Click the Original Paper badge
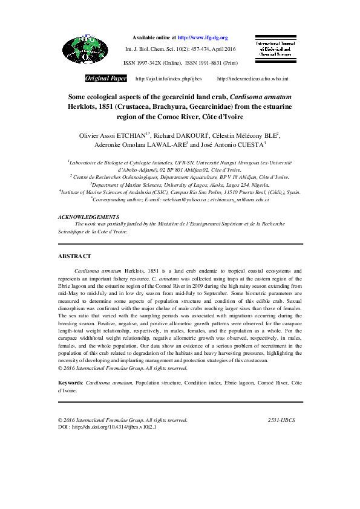(106, 79)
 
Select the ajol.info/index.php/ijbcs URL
(160, 79)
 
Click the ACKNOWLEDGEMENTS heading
(88, 216)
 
